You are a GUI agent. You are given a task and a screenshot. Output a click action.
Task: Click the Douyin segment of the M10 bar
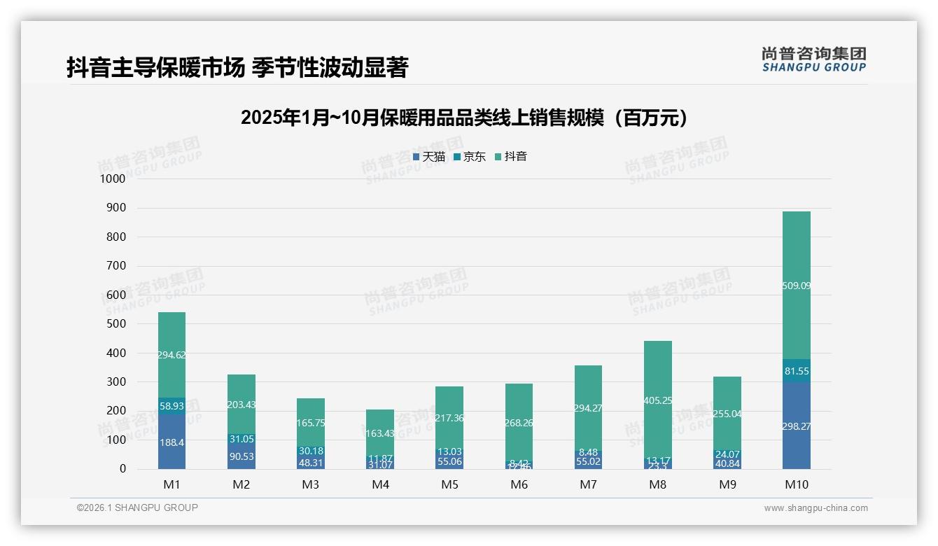[797, 286]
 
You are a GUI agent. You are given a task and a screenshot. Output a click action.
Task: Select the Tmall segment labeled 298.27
[797, 426]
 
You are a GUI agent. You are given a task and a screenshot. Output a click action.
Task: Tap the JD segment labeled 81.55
[797, 371]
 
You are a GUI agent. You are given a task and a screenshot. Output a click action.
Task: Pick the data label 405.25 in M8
[657, 400]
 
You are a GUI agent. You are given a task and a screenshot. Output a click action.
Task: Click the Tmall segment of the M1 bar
[171, 442]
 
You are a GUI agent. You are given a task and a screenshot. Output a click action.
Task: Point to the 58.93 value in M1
[171, 406]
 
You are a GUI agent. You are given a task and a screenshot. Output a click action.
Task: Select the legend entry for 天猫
[429, 157]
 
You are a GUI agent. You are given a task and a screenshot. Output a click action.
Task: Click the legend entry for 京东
[470, 157]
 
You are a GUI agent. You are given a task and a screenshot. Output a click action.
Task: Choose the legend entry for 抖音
[511, 157]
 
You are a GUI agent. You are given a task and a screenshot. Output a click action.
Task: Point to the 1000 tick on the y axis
[112, 178]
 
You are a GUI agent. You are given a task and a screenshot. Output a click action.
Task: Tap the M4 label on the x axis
[380, 484]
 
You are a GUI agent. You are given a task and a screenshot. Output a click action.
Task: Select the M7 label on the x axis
[588, 484]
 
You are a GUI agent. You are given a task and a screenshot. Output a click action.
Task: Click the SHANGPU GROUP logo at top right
[814, 59]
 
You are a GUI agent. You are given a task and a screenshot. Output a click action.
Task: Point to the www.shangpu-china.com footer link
[815, 508]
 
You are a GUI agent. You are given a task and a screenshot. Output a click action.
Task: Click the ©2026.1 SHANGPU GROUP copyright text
[137, 507]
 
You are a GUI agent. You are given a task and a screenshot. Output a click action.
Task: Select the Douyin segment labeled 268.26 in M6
[519, 423]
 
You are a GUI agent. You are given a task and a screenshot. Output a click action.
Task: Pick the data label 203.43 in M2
[241, 405]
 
